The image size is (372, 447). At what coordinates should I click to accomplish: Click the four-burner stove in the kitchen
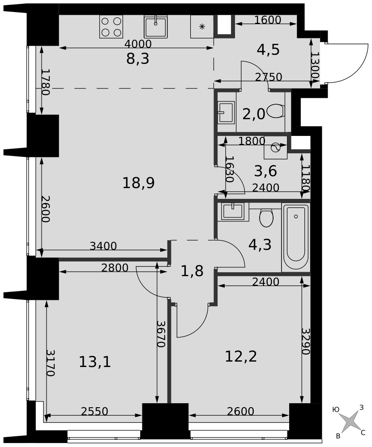click(x=111, y=26)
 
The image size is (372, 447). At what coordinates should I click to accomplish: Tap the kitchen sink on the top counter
click(x=155, y=26)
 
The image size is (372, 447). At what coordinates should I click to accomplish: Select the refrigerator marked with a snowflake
click(x=202, y=26)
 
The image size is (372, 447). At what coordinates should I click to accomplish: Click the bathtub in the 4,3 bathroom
click(x=296, y=237)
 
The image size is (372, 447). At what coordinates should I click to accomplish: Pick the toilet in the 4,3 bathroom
click(x=266, y=218)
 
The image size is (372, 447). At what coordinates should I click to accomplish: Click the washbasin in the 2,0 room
click(x=227, y=112)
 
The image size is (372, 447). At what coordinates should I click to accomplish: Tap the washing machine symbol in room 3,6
click(x=275, y=148)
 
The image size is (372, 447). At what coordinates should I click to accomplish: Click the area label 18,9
click(x=138, y=183)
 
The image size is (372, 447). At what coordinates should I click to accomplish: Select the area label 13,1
click(x=95, y=363)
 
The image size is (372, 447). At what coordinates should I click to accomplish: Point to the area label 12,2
click(x=241, y=356)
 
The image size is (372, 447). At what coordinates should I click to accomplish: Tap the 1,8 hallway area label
click(x=192, y=271)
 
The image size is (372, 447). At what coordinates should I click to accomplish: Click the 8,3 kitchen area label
click(x=137, y=59)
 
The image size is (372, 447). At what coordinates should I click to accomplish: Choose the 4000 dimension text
click(x=138, y=44)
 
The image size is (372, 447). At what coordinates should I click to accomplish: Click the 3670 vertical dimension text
click(x=161, y=334)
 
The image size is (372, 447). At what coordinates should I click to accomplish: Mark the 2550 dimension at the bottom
click(x=94, y=411)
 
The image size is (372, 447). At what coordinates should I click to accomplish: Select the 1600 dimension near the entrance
click(x=268, y=20)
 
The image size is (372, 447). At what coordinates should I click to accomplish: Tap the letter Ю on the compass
click(x=336, y=409)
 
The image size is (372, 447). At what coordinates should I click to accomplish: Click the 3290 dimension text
click(x=306, y=341)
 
